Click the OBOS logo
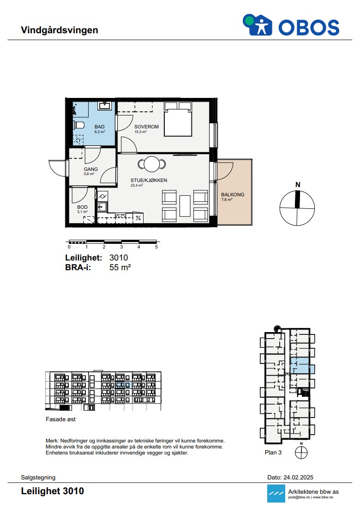[x=291, y=25]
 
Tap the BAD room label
[x=100, y=127]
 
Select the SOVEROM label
[x=147, y=127]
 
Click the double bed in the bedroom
[x=178, y=119]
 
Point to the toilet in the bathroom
[x=79, y=125]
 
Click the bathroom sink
[x=105, y=105]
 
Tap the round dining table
[x=151, y=164]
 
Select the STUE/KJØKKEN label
[x=149, y=180]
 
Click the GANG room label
[x=91, y=169]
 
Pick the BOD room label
[x=82, y=207]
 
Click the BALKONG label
[x=233, y=194]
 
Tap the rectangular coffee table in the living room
[x=185, y=206]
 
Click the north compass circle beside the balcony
[x=297, y=208]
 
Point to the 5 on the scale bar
[x=156, y=247]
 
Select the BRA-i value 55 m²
[x=120, y=267]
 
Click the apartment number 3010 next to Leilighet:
[x=119, y=258]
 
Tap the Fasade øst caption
[x=60, y=419]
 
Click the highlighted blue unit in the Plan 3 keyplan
[x=300, y=365]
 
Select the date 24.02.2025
[x=298, y=477]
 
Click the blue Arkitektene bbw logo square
[x=276, y=493]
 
